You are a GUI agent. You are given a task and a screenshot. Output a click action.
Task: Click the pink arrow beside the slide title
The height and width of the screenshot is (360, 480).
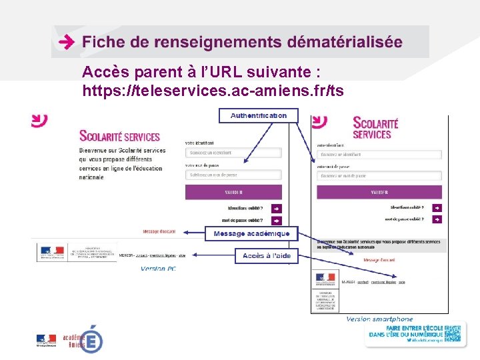click(x=66, y=42)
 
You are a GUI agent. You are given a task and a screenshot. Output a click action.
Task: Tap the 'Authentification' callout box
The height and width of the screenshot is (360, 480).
click(x=259, y=115)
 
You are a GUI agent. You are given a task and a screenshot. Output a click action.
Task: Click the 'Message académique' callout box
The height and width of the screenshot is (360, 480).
click(x=251, y=233)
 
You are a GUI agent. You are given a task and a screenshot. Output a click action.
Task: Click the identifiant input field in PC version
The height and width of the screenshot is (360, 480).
click(x=233, y=153)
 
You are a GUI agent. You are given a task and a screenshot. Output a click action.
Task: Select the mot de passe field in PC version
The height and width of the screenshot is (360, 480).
click(x=233, y=175)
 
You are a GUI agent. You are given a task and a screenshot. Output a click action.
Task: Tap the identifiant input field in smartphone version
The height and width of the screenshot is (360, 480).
click(x=379, y=155)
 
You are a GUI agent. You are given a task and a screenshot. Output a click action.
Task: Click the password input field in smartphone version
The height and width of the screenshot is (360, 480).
click(x=379, y=176)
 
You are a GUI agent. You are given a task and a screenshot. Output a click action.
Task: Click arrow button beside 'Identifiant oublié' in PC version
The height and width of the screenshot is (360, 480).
click(x=277, y=208)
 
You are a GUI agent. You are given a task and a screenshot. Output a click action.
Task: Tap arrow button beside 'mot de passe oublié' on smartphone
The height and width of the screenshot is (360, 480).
click(x=437, y=219)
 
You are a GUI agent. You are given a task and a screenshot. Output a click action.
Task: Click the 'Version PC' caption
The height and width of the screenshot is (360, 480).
click(x=158, y=269)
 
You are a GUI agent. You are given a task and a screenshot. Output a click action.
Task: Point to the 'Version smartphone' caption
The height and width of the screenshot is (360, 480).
click(x=379, y=319)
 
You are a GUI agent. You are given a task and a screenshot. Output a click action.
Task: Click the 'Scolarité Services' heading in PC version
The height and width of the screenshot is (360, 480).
click(x=119, y=136)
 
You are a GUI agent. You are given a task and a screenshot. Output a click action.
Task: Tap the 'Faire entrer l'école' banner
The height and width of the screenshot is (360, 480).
click(x=413, y=333)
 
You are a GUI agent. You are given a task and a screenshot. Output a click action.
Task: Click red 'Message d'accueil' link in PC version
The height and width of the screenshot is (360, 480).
click(x=159, y=232)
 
